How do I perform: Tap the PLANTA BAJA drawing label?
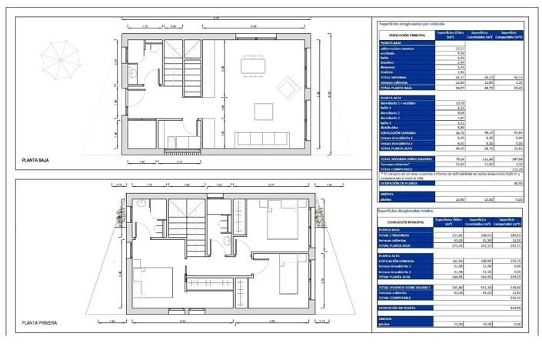pyautogui.click(x=39, y=161)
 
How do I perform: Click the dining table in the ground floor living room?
pyautogui.click(x=254, y=66)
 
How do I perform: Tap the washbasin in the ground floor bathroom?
pyautogui.click(x=132, y=75)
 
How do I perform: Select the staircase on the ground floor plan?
pyautogui.click(x=183, y=73)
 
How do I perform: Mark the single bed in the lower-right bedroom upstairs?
pyautogui.click(x=291, y=273)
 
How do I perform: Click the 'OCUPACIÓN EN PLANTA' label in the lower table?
pyautogui.click(x=401, y=307)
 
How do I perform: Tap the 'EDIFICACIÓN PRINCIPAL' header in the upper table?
pyautogui.click(x=403, y=35)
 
